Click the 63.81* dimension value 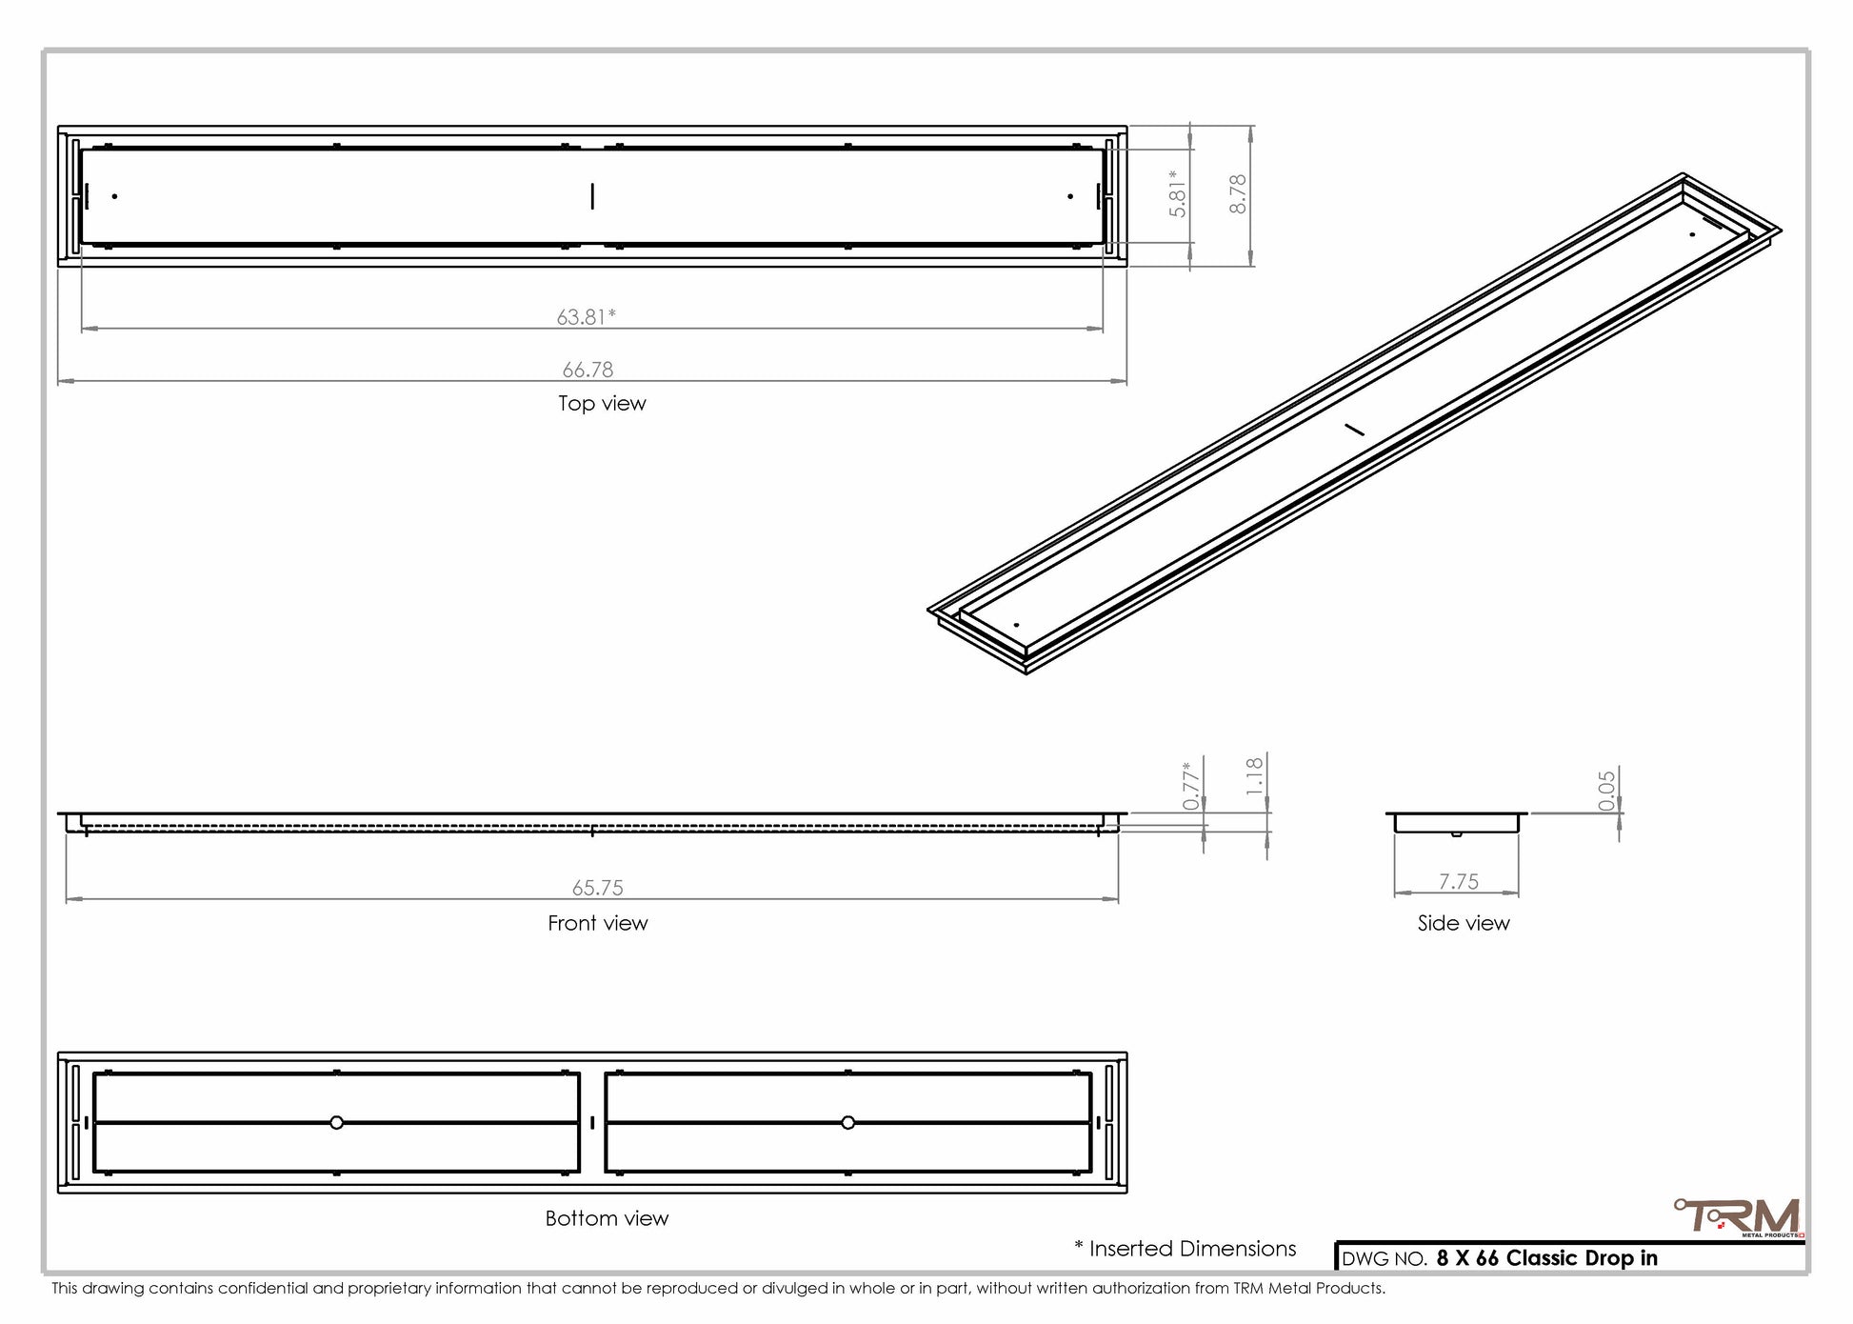click(587, 316)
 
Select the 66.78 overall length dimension click(588, 370)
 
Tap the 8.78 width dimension click(1237, 193)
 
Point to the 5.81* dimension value click(1179, 193)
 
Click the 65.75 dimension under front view click(598, 888)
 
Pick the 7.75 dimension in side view click(1459, 882)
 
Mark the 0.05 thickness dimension click(1607, 791)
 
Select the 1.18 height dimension click(1255, 776)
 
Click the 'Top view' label click(602, 403)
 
